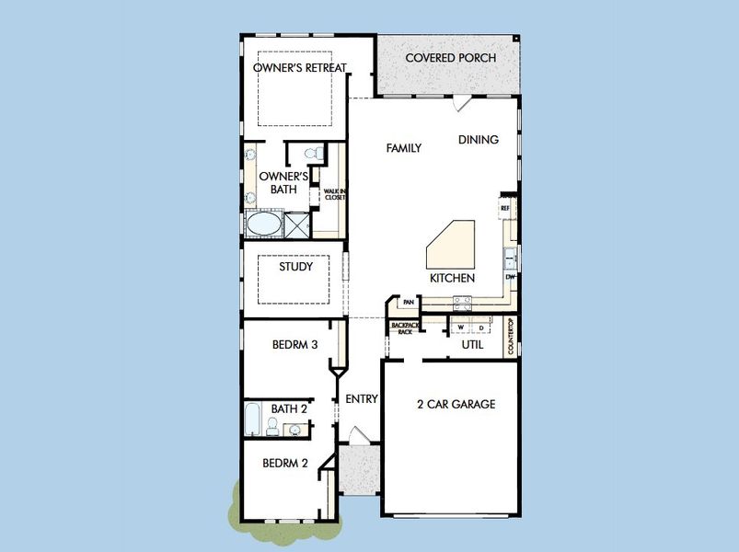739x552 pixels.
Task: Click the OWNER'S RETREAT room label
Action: (x=294, y=67)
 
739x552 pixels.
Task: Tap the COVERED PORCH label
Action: (x=451, y=58)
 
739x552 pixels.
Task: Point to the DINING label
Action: (x=479, y=140)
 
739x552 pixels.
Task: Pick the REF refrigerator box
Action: (x=505, y=209)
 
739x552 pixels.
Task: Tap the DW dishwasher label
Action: (x=509, y=277)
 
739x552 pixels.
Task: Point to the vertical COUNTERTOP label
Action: (x=512, y=337)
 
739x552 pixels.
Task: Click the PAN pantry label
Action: (x=407, y=302)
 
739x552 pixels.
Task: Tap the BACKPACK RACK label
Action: (x=404, y=328)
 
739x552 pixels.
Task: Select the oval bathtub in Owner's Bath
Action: (x=263, y=224)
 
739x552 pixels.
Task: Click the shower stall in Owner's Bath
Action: (x=297, y=224)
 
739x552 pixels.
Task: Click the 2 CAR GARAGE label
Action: (x=456, y=404)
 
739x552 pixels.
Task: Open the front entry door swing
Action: (x=357, y=435)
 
